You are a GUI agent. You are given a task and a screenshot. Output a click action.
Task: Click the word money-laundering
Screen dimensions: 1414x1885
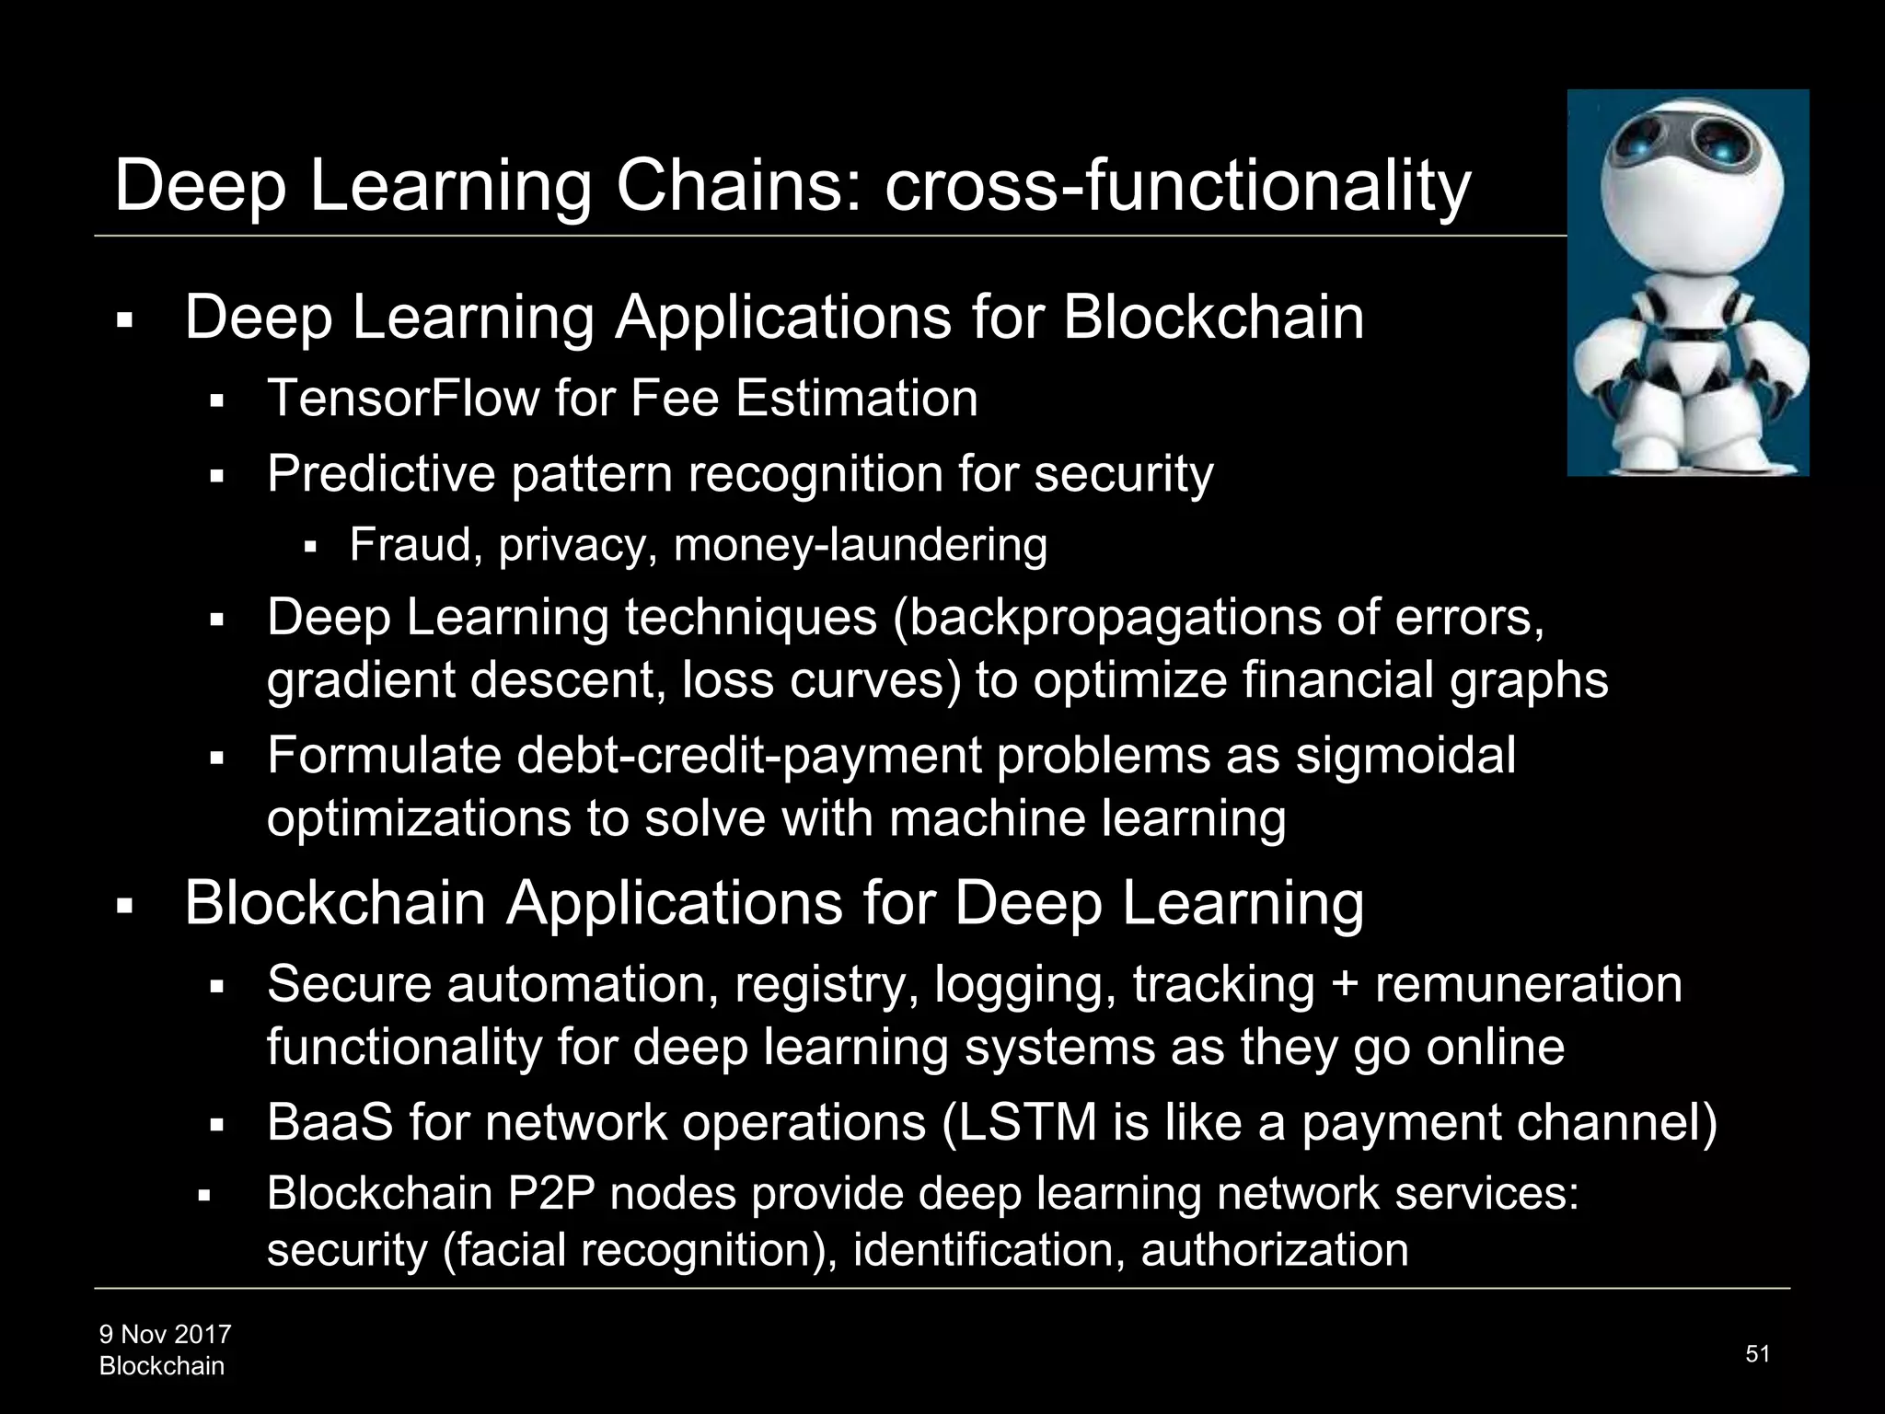861,544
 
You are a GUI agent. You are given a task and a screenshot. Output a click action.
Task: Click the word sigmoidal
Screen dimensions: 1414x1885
1405,756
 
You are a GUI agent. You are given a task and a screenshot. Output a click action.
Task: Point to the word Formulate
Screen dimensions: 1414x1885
384,756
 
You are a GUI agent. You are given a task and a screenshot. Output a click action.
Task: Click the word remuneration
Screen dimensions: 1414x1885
1528,984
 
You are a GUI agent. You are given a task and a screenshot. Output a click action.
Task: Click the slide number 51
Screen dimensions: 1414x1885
1757,1353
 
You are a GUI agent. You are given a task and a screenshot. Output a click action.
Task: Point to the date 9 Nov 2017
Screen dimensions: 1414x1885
166,1334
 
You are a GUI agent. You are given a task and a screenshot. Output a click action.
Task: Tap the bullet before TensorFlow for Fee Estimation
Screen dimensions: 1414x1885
218,401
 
